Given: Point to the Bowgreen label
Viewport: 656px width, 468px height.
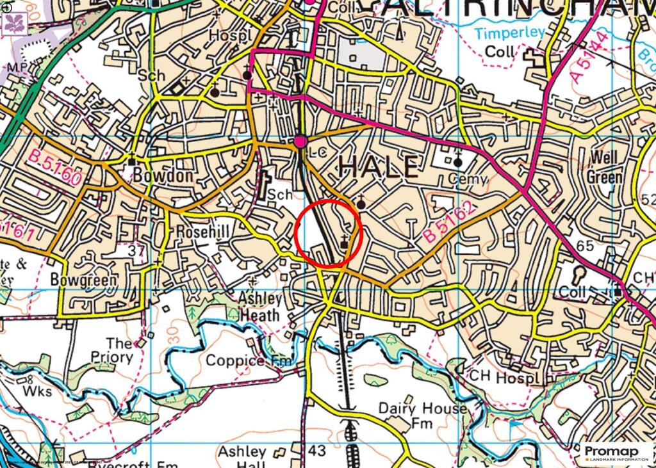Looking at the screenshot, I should (x=84, y=280).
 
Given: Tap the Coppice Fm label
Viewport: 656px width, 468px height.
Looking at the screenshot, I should (x=248, y=361).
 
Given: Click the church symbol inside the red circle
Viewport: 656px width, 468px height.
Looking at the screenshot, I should (x=346, y=242).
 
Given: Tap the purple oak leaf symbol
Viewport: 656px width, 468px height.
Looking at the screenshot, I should (x=13, y=23).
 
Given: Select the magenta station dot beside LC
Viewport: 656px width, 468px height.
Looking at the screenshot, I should (x=300, y=141).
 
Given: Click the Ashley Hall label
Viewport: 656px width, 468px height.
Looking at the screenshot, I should (x=242, y=458).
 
